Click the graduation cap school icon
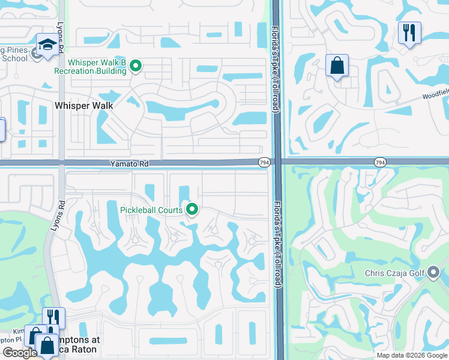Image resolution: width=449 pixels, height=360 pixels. pyautogui.click(x=47, y=45)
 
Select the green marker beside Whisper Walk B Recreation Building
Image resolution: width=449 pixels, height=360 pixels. pyautogui.click(x=136, y=66)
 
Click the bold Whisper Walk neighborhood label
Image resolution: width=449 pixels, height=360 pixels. pyautogui.click(x=84, y=105)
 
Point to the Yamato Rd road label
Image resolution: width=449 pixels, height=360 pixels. pyautogui.click(x=129, y=163)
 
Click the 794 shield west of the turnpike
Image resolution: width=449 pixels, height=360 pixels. pyautogui.click(x=264, y=163)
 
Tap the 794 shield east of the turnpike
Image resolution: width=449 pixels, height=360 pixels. pyautogui.click(x=379, y=163)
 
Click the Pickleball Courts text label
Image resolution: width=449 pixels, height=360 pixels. pyautogui.click(x=152, y=209)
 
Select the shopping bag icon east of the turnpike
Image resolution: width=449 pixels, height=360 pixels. pyautogui.click(x=337, y=65)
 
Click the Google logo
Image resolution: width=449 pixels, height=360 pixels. pyautogui.click(x=20, y=353)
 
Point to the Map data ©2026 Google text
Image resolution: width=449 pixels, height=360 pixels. pyautogui.click(x=411, y=355)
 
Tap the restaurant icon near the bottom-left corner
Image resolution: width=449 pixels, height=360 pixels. pyautogui.click(x=53, y=317)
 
